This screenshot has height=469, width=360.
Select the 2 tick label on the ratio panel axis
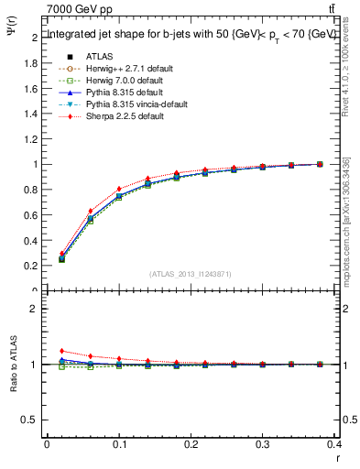37,309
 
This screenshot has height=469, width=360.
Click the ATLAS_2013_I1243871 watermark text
191,274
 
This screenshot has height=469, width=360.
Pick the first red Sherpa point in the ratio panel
61,351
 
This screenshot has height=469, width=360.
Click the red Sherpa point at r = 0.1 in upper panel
119,190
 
